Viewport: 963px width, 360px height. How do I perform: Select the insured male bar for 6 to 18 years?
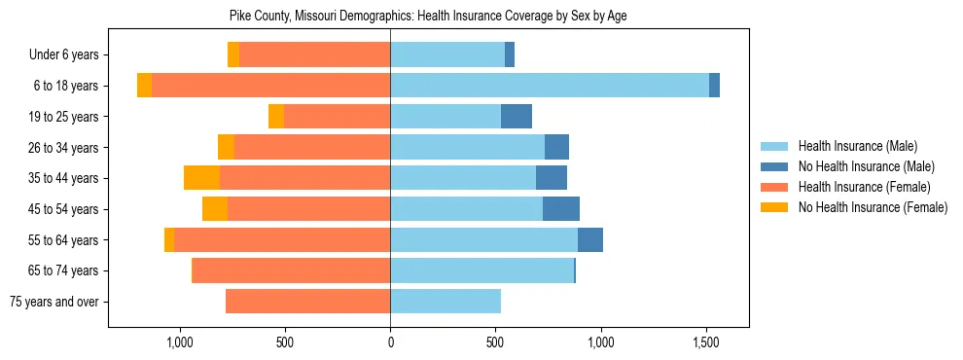(550, 86)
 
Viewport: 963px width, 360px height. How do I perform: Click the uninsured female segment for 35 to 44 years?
(201, 178)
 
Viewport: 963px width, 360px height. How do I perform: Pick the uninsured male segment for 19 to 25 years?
(517, 117)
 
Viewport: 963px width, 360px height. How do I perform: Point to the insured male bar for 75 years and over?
(446, 302)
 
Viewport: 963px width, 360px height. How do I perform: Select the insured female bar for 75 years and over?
(307, 302)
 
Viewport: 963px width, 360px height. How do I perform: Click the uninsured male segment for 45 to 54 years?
(561, 209)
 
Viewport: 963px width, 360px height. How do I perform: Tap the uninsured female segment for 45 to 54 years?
(215, 209)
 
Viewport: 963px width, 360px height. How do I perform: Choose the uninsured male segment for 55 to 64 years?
(590, 240)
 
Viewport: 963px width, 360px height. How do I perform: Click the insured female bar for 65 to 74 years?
(291, 270)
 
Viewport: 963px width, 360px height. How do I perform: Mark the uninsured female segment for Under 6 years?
(233, 55)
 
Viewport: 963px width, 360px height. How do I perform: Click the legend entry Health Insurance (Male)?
(857, 146)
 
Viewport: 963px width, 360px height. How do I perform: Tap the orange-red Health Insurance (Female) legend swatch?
(774, 187)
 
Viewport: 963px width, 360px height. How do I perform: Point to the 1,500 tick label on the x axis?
(706, 343)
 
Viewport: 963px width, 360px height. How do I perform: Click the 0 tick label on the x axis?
(390, 343)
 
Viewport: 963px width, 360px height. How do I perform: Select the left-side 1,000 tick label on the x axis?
(180, 343)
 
